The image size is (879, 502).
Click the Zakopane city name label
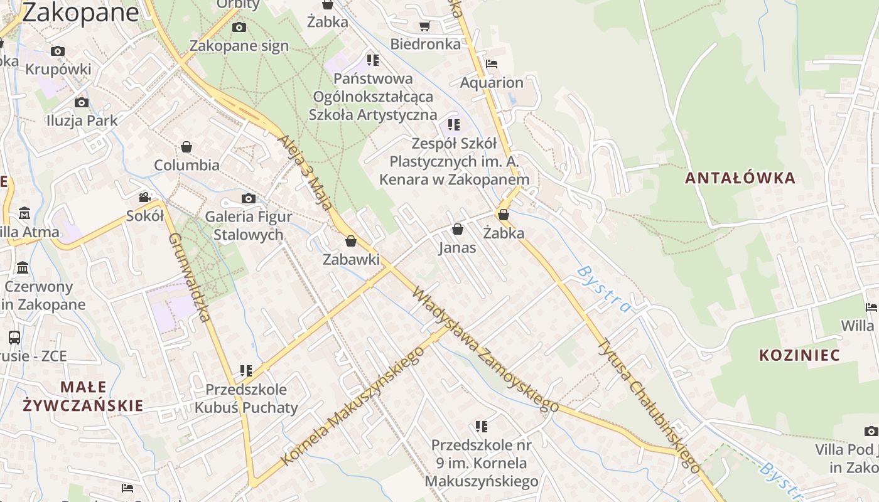[x=80, y=12]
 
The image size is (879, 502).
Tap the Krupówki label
[x=58, y=69]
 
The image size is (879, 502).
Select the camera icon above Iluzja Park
[x=81, y=102]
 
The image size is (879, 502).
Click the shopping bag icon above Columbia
[x=186, y=147]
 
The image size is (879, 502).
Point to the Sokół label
[x=145, y=216]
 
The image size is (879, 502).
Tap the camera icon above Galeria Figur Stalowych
[x=249, y=199]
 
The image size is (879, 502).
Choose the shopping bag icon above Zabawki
[x=351, y=241]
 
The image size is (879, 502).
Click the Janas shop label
[x=457, y=247]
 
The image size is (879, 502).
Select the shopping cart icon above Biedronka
[x=425, y=26]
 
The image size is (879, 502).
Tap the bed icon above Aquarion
[x=492, y=64]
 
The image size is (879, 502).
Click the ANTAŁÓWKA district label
[x=740, y=178]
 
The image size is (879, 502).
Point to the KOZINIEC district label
[x=799, y=356]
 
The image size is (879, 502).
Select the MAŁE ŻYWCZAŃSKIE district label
[x=84, y=396]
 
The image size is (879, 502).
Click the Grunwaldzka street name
[x=189, y=277]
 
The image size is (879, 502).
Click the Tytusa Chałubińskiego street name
[x=649, y=406]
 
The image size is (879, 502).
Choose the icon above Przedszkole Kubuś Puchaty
[x=245, y=371]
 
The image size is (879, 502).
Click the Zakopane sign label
[x=239, y=46]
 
